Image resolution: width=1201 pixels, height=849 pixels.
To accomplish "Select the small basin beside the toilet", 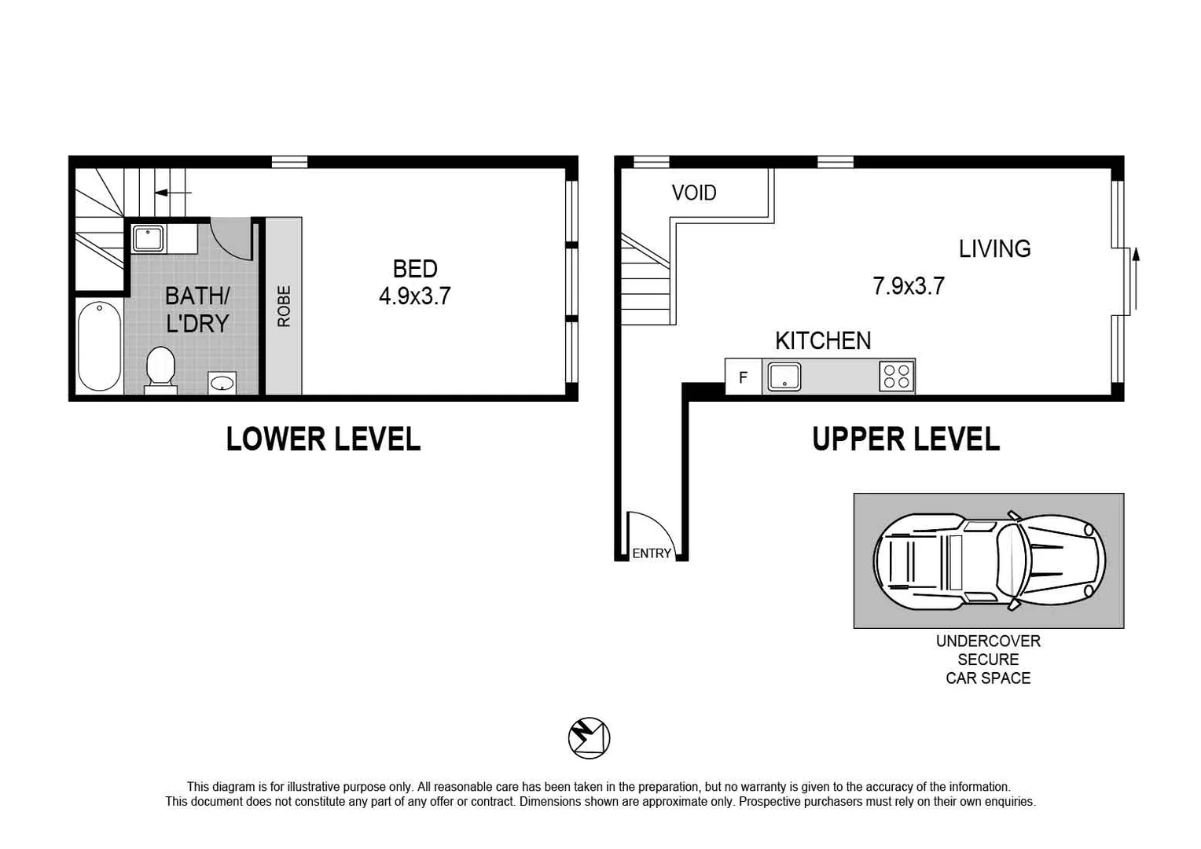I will pos(222,383).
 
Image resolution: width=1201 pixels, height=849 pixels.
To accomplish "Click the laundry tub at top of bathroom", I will pos(148,237).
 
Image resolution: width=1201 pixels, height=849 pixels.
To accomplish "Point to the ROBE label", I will pos(284,307).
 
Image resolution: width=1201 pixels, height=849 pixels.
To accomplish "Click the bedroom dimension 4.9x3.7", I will pos(414,296).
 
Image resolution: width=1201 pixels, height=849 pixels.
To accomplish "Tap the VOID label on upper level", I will pos(693,193).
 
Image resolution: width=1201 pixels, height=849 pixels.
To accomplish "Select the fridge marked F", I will pos(743,377).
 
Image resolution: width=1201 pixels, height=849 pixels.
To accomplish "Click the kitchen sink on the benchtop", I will pos(784,377).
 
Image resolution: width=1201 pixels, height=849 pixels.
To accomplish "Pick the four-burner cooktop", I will pos(896,376).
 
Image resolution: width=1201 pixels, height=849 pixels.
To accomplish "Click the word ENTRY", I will pos(652,553).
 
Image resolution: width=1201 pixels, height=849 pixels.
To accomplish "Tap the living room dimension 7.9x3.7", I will pos(908,286).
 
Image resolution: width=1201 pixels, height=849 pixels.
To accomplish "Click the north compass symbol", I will pos(589,738).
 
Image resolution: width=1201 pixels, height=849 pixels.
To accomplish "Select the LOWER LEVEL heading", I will pos(323,439).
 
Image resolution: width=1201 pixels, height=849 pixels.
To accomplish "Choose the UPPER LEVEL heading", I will pos(905,439).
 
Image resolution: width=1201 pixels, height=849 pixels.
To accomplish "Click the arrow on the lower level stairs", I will pos(172,193).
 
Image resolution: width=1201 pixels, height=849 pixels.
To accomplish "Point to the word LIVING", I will pos(994,249).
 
